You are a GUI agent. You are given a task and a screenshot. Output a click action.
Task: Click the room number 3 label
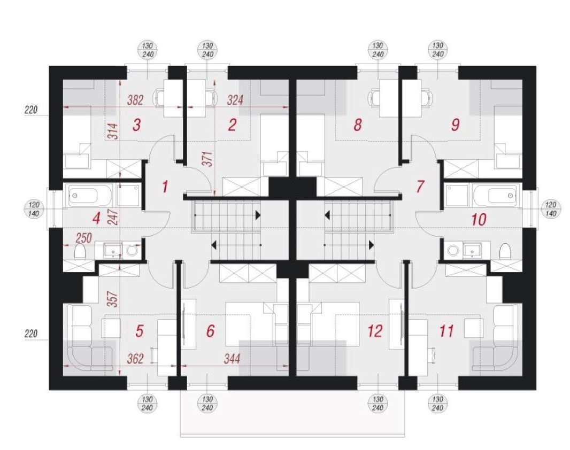[x=136, y=125]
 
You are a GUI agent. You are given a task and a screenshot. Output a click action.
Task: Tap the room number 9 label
[x=455, y=125]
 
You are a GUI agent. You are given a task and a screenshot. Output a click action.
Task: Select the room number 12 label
[x=375, y=331]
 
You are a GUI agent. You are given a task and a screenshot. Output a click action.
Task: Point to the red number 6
[x=210, y=331]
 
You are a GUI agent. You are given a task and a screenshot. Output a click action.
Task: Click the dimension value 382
[x=135, y=100]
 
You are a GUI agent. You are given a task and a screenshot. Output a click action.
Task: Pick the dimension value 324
[x=235, y=100]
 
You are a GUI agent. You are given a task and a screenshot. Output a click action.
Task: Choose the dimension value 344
[x=232, y=359]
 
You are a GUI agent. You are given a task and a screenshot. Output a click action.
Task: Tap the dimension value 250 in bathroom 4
[x=83, y=238]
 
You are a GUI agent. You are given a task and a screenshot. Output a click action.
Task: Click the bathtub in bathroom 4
[x=84, y=196]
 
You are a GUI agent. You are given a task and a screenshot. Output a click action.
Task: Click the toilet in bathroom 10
[x=505, y=251]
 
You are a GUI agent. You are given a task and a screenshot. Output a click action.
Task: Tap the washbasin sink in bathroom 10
[x=472, y=250]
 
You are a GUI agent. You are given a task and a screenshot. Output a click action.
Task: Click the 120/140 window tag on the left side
[x=33, y=209]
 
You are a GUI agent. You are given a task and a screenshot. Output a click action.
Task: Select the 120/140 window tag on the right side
[x=551, y=209]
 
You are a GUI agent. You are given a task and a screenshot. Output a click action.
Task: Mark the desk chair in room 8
[x=374, y=98]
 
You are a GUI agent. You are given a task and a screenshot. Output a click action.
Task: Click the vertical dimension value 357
[x=114, y=299]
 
